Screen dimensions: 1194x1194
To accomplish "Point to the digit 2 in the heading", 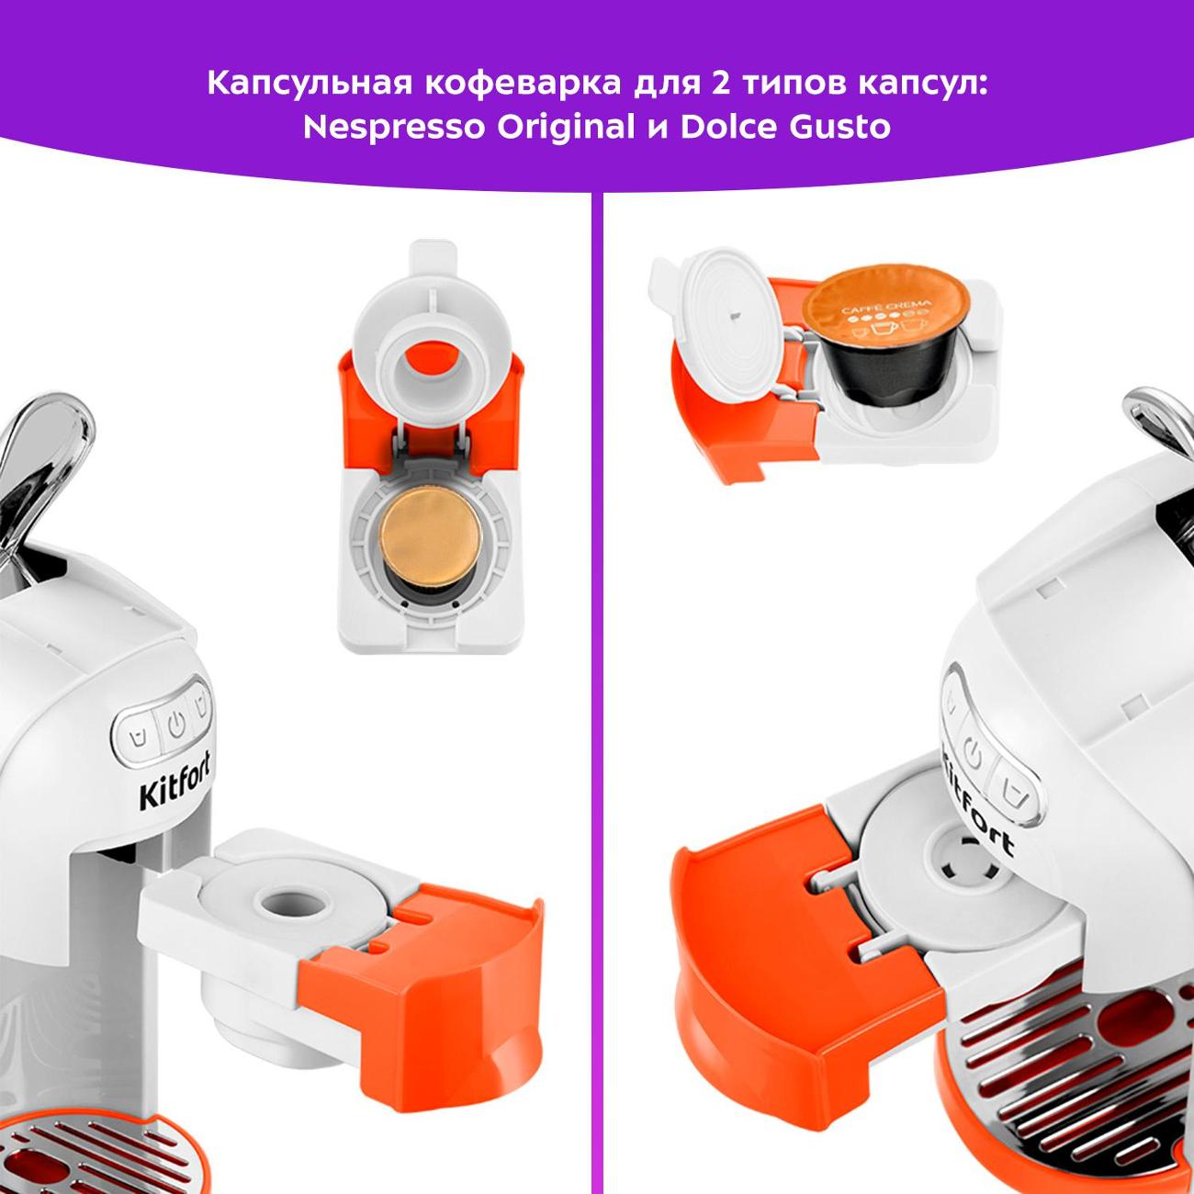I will [x=720, y=83].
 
